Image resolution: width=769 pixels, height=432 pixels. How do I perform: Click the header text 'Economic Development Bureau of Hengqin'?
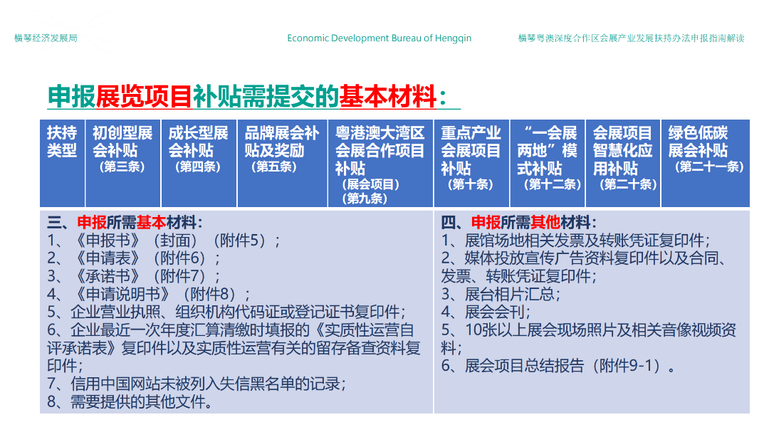(379, 38)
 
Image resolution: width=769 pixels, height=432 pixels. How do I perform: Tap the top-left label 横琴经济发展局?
(46, 38)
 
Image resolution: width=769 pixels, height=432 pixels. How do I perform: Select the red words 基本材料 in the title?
(387, 96)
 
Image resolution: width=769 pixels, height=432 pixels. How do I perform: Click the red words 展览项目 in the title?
(144, 96)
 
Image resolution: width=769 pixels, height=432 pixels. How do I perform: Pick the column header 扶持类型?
(62, 142)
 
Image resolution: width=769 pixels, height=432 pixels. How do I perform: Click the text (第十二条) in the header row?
(553, 184)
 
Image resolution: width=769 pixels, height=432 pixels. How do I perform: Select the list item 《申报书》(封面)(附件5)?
(163, 241)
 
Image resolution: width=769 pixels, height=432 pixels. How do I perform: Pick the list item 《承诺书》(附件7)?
(133, 277)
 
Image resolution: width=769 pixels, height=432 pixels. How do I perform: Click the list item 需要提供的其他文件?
(130, 402)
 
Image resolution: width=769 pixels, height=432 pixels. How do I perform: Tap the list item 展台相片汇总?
(501, 294)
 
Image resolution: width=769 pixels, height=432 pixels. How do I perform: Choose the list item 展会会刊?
(486, 312)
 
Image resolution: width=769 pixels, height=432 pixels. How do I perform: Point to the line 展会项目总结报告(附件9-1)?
(558, 366)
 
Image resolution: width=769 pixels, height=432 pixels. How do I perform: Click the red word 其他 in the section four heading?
(545, 223)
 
